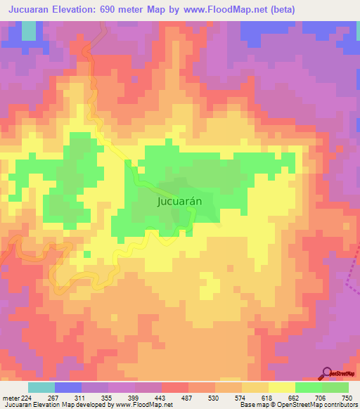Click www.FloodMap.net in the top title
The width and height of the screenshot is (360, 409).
click(225, 9)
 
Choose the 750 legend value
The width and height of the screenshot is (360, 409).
click(346, 398)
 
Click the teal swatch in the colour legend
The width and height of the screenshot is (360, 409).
click(41, 387)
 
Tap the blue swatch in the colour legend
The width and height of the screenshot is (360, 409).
click(67, 387)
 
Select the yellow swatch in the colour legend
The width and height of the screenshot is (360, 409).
click(281, 387)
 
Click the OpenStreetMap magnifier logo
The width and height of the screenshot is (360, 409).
click(328, 373)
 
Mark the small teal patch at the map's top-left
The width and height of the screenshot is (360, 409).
click(28, 30)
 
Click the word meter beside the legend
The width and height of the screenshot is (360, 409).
click(8, 398)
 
